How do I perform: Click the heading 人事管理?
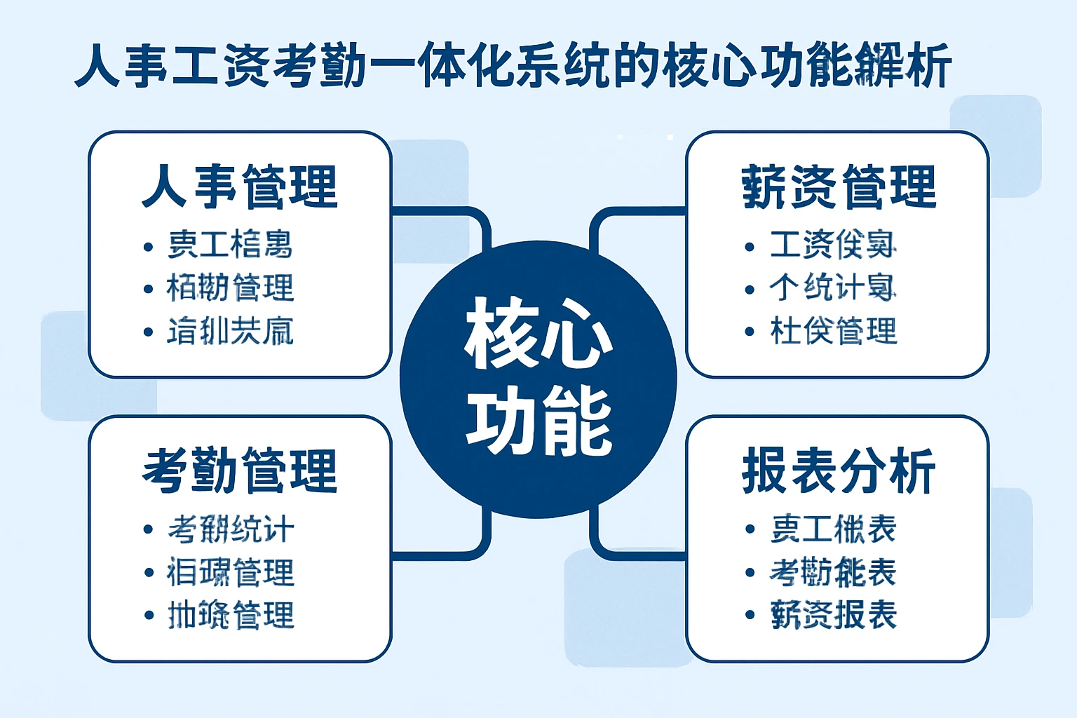tap(240, 187)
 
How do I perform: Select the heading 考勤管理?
tap(240, 470)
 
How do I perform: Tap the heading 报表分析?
tap(839, 470)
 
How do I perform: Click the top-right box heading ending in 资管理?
tap(839, 187)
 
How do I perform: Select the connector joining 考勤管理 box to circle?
tap(449, 554)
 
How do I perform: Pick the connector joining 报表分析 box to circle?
tap(628, 554)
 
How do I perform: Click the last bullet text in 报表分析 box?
tap(833, 615)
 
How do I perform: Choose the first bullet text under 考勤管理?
tap(231, 529)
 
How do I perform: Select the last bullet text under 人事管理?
tap(231, 331)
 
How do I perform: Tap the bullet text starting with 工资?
tap(833, 245)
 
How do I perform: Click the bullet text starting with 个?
tap(833, 287)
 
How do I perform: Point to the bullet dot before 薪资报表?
tap(750, 616)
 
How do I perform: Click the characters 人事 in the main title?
tap(122, 67)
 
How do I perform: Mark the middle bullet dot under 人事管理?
tap(148, 289)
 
